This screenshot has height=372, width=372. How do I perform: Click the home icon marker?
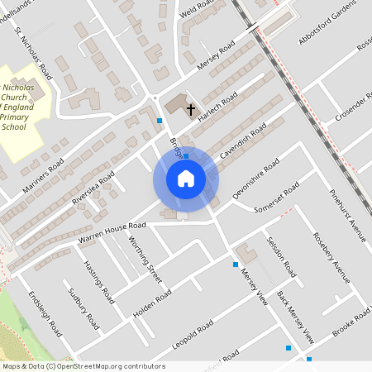(186, 179)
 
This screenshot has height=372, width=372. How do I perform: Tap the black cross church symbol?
(191, 109)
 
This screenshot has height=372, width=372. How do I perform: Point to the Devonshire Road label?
(257, 179)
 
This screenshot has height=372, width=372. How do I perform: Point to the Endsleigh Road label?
(45, 313)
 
